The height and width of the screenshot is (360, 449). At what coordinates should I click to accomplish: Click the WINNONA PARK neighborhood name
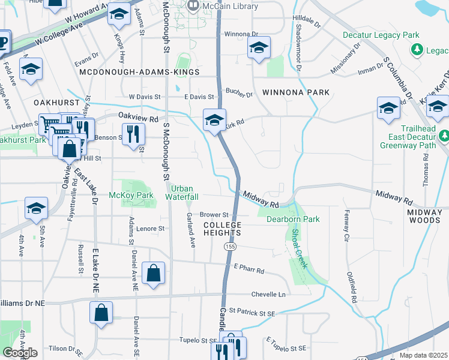click(296, 92)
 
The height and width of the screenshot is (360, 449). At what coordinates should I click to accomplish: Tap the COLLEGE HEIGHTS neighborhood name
click(222, 229)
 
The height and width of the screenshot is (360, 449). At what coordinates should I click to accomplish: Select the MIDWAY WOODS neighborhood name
click(428, 217)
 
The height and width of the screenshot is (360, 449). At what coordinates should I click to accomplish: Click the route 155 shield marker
click(231, 247)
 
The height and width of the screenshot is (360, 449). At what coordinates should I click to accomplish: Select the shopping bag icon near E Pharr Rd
click(154, 274)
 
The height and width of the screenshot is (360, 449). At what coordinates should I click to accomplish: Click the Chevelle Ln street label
click(268, 295)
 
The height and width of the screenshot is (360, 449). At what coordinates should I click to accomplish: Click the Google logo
click(20, 353)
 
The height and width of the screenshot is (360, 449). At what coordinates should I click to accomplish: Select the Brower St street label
click(214, 214)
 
